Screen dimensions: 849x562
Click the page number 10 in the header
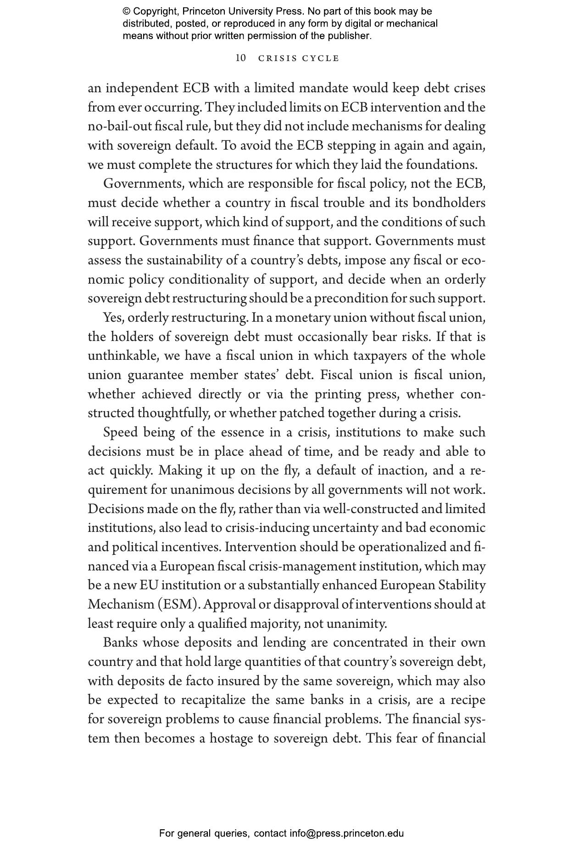(240, 58)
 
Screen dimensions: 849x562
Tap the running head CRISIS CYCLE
(299, 58)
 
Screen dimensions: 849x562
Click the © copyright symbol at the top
(126, 11)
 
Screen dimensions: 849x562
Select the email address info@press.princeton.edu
(346, 833)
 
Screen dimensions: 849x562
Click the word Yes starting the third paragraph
(113, 318)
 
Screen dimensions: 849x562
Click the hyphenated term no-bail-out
(117, 126)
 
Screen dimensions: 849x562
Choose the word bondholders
(449, 203)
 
